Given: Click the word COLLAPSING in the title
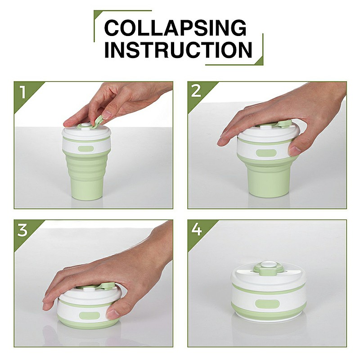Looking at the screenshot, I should (175, 28).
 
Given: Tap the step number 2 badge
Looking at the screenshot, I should (196, 91).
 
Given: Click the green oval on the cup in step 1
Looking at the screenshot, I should (85, 149).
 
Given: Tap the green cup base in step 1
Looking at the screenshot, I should (87, 189).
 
